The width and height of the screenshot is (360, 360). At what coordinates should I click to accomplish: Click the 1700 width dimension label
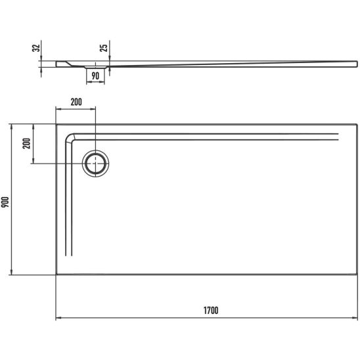[x=211, y=311]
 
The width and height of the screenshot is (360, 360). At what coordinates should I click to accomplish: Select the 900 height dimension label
[x=5, y=202]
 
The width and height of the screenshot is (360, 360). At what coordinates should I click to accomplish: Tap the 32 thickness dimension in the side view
[x=36, y=48]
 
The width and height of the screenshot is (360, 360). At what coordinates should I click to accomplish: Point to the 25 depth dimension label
[x=104, y=48]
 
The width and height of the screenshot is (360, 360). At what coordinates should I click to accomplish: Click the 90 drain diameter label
[x=95, y=76]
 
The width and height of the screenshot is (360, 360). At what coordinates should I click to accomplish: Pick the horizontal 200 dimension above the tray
[x=76, y=102]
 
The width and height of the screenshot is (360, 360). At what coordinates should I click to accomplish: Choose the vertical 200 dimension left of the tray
[x=26, y=143]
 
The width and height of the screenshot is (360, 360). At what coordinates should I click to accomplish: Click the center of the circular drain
[x=95, y=164]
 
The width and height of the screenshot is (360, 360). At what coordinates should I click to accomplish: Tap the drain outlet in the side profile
[x=95, y=67]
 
